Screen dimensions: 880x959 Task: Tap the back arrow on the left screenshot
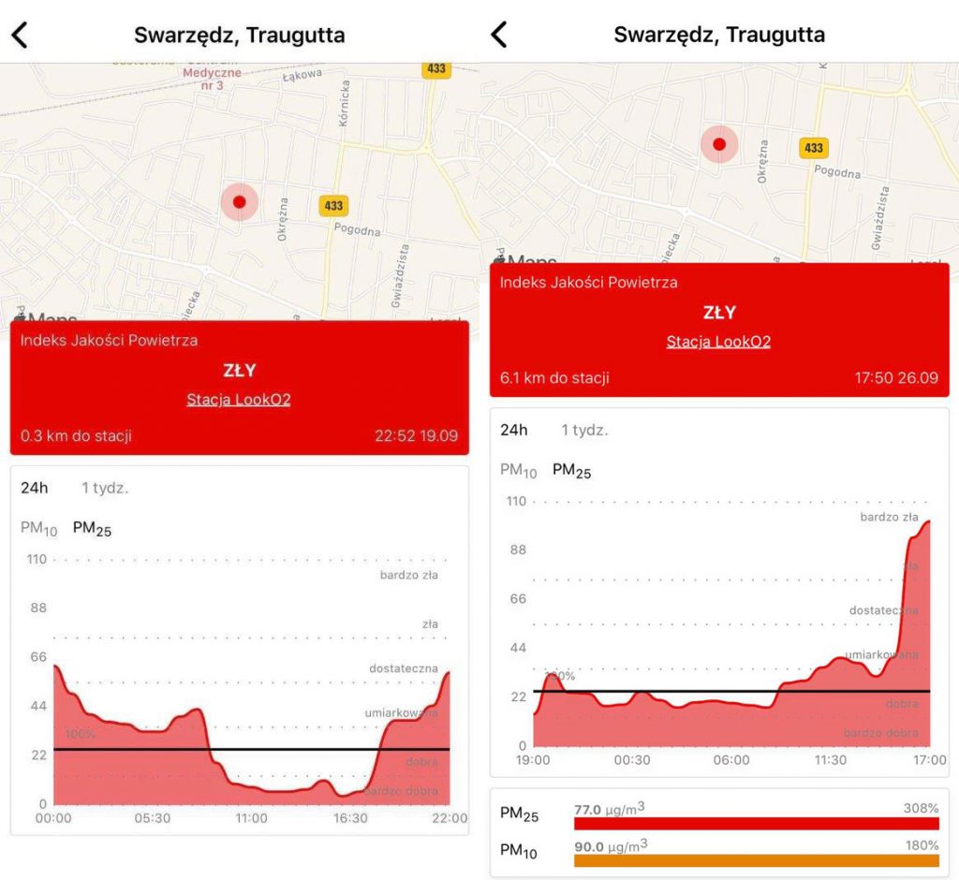(x=20, y=36)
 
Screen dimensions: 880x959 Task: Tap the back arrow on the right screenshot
(x=499, y=36)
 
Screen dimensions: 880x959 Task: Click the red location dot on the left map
(x=239, y=201)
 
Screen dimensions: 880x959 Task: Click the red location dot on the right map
(x=719, y=144)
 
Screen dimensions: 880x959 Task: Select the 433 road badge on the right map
(x=814, y=148)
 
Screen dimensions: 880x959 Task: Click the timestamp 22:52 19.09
(x=416, y=435)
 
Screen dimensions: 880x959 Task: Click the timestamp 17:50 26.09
(x=896, y=378)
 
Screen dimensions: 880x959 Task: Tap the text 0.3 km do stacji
(x=76, y=435)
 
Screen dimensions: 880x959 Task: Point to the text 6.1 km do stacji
(x=554, y=378)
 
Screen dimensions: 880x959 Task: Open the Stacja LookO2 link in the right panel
(x=718, y=342)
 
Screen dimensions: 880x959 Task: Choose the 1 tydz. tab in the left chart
(x=104, y=488)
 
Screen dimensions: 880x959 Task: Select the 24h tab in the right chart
(x=514, y=431)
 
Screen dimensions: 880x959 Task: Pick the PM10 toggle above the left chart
(x=38, y=529)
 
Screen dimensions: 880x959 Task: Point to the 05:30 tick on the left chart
(x=152, y=818)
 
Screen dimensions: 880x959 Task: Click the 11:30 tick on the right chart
(x=830, y=760)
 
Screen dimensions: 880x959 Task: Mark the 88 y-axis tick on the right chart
(x=518, y=550)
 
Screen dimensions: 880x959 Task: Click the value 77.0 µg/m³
(x=609, y=807)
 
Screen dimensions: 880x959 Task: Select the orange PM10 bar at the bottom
(x=756, y=860)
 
